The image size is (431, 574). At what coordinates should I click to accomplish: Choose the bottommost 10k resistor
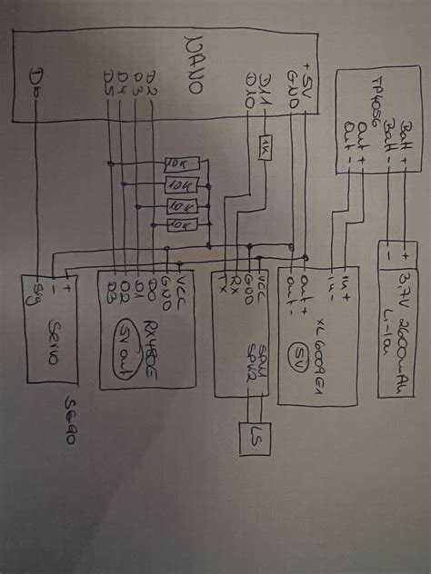(179, 223)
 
